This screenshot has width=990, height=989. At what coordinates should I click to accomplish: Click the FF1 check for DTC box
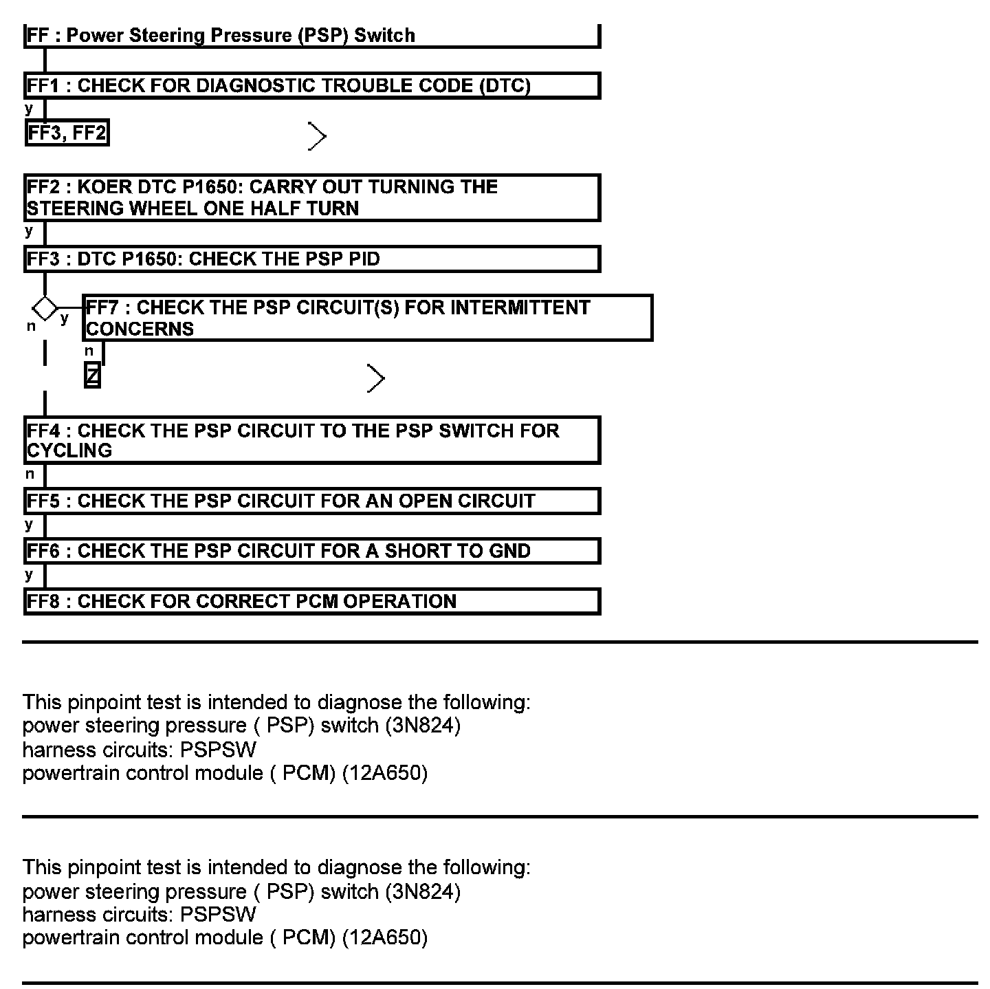coord(311,86)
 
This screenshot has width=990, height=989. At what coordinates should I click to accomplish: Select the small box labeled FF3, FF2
coord(67,133)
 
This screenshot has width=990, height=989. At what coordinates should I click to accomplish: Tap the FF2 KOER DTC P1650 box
coord(311,197)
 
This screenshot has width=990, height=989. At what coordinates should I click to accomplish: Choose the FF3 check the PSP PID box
coord(311,259)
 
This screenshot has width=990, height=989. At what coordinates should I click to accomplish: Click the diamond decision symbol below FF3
coord(45,307)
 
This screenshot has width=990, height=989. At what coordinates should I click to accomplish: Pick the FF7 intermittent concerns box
coord(367,318)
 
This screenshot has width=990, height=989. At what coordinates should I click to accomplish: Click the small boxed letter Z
coord(92,376)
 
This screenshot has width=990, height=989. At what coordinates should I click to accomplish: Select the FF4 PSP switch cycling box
coord(311,440)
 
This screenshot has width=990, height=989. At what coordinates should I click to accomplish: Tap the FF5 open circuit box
coord(311,501)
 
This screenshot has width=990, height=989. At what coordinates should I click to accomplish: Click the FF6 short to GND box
coord(311,551)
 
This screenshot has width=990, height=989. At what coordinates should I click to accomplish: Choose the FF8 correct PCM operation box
coord(311,601)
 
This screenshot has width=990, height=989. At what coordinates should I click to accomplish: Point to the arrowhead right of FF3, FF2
coord(317,136)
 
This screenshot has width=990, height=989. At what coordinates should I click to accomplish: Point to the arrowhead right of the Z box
coord(375,378)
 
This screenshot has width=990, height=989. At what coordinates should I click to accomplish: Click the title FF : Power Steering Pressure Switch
coord(221,36)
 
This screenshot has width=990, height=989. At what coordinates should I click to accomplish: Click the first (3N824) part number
coord(423,726)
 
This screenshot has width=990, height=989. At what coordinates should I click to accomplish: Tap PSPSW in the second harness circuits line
coord(218,915)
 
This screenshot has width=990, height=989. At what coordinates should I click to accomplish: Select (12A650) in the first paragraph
coord(384,773)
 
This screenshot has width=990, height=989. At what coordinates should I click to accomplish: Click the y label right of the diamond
coord(65,318)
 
